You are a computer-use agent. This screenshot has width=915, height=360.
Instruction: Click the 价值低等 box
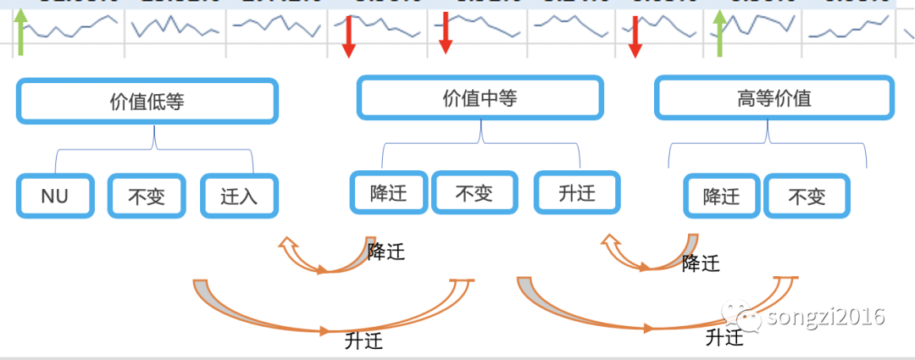point(147,102)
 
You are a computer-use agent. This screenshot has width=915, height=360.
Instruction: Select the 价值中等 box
point(480,98)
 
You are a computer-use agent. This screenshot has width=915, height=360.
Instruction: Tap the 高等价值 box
point(774,98)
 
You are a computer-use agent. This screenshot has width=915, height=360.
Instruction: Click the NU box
point(54,197)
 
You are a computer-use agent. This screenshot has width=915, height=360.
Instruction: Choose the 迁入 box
point(239,197)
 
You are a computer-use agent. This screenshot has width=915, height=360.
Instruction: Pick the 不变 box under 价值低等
point(147,197)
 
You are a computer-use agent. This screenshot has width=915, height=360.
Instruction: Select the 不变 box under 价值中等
point(474,193)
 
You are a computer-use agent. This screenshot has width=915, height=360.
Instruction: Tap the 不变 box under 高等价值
point(807,197)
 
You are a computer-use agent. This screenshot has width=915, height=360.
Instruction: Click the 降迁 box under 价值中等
point(389,193)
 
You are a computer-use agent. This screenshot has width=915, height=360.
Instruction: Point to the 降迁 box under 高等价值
point(722,197)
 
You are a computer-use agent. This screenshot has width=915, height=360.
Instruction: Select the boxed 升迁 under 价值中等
point(577,193)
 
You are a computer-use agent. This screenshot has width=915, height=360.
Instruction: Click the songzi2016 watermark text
point(825,317)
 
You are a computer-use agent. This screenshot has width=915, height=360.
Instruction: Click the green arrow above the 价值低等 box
point(21,32)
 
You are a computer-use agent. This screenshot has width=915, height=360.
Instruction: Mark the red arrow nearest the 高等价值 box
point(635,38)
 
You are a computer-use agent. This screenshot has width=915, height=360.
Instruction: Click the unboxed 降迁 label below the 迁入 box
point(386,251)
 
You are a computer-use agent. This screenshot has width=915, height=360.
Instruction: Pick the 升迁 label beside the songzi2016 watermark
point(724,337)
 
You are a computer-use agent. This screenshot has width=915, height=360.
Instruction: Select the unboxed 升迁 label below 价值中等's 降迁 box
point(364,341)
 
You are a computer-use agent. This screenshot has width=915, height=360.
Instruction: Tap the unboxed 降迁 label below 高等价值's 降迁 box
point(701,262)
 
